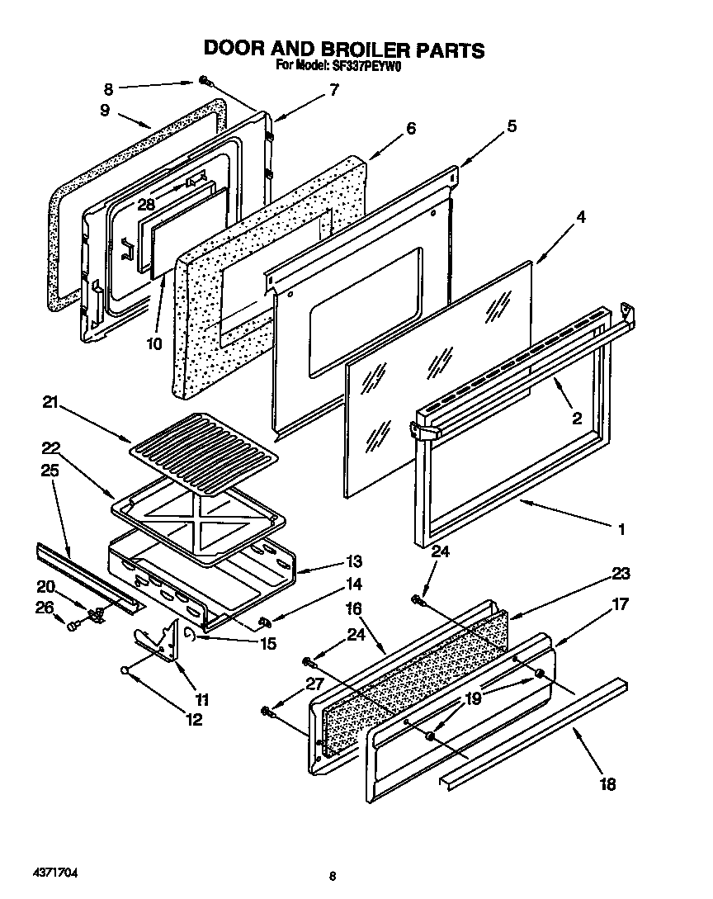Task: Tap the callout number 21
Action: pos(51,402)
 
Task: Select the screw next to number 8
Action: pos(204,82)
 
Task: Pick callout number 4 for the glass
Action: pos(581,218)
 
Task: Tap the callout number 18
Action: pos(607,784)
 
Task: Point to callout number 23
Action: pos(620,574)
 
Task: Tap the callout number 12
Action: pos(193,719)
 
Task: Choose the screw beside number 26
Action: pos(72,627)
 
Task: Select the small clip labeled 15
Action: pos(190,633)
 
